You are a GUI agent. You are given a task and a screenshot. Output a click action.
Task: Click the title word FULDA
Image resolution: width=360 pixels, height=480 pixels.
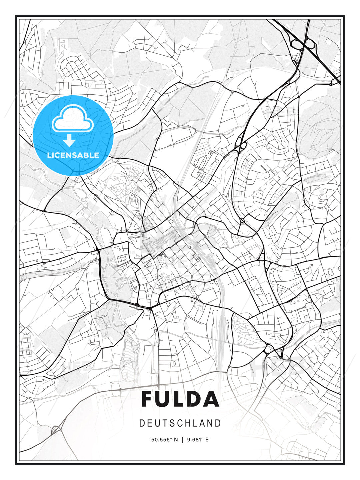(180, 399)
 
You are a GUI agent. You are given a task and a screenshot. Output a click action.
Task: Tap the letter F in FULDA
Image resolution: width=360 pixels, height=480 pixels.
(149, 399)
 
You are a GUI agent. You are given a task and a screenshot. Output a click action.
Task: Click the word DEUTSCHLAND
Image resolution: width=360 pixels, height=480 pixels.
(180, 423)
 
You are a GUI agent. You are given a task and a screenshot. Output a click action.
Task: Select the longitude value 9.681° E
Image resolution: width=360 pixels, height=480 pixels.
(198, 440)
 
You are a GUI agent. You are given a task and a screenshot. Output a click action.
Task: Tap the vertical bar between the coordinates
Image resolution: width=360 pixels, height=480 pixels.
(182, 440)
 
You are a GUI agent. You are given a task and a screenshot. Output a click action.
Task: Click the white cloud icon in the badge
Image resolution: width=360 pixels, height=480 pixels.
(72, 119)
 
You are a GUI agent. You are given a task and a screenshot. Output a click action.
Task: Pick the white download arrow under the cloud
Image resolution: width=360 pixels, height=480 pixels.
(69, 140)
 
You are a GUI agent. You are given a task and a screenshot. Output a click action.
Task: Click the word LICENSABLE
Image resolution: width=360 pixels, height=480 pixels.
(73, 155)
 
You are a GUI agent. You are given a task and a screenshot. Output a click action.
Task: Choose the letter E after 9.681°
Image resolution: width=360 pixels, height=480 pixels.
(207, 440)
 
